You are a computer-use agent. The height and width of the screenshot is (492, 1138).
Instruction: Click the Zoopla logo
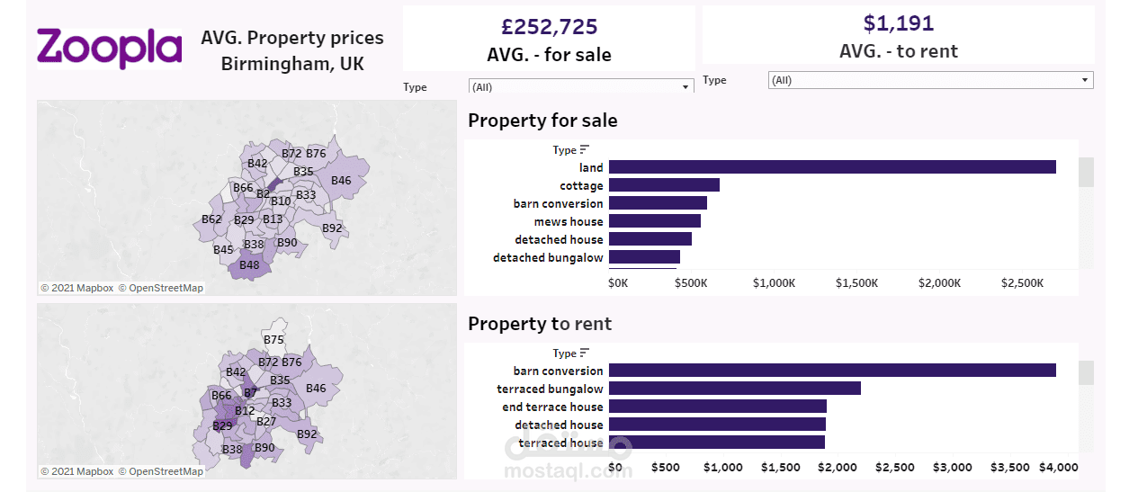[109, 48]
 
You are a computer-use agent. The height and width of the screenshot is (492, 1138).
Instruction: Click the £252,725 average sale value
[549, 27]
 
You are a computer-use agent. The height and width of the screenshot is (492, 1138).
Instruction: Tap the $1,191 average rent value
[898, 23]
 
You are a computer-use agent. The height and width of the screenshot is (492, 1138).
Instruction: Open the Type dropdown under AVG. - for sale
[581, 87]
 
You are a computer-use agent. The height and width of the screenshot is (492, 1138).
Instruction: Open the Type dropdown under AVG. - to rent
[930, 80]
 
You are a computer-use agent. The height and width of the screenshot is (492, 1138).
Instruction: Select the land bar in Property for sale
[831, 167]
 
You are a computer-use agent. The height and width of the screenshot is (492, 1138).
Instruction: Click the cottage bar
[664, 185]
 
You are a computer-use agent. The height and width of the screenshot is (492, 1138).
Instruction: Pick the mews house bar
[654, 221]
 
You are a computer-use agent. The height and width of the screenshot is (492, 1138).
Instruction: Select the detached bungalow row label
[548, 258]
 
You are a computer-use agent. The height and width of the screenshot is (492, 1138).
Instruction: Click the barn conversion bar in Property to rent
[831, 371]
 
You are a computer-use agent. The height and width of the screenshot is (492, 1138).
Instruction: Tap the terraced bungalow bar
[734, 389]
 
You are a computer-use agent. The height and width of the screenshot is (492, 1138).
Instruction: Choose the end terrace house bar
[717, 407]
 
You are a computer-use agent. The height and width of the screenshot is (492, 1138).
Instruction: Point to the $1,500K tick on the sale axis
[856, 283]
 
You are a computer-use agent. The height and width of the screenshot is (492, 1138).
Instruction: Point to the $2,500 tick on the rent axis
[895, 468]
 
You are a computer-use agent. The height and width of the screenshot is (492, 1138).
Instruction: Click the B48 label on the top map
[249, 265]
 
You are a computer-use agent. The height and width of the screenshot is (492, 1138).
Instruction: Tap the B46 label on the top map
[341, 181]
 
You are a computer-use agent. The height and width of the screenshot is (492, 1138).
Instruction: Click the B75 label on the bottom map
[273, 340]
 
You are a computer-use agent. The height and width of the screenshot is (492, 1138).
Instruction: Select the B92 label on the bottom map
[307, 434]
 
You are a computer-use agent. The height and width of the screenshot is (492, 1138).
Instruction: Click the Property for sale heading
[542, 121]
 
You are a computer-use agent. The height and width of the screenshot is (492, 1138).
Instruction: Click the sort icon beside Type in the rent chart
[585, 353]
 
